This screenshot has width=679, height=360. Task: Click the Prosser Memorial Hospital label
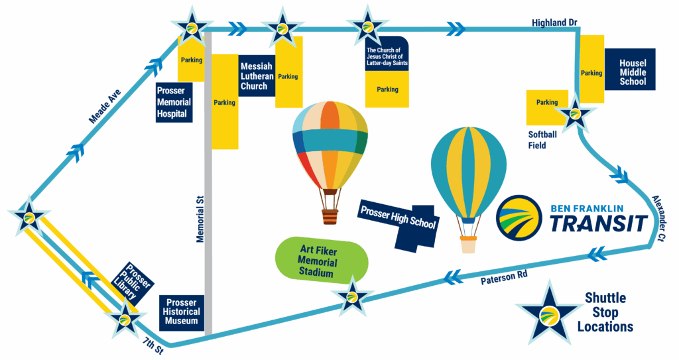point(174,102)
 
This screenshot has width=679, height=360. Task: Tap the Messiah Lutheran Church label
point(256,75)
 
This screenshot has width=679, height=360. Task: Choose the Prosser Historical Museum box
point(182,311)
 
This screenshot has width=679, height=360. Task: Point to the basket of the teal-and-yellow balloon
point(469,245)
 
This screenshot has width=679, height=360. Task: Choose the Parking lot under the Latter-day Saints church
point(387,90)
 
